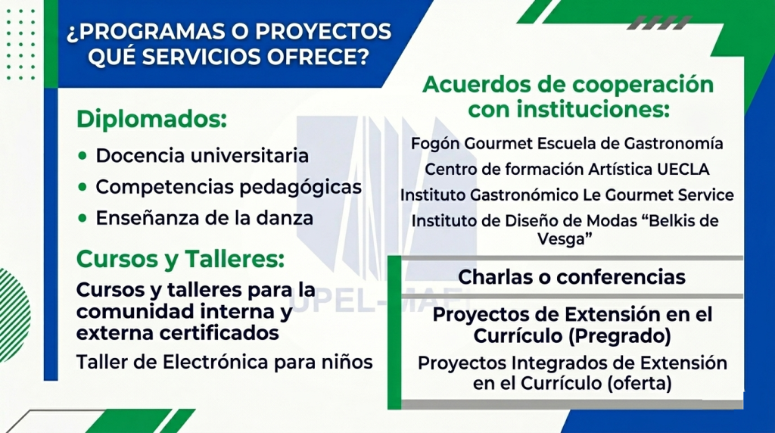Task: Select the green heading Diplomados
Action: pos(151,119)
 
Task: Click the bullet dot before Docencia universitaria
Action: pos(82,156)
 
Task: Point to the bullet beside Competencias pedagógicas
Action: pos(82,187)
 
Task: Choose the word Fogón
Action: pos(435,144)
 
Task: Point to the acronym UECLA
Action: pos(683,170)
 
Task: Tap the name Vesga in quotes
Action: pos(561,239)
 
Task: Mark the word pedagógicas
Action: pos(300,188)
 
